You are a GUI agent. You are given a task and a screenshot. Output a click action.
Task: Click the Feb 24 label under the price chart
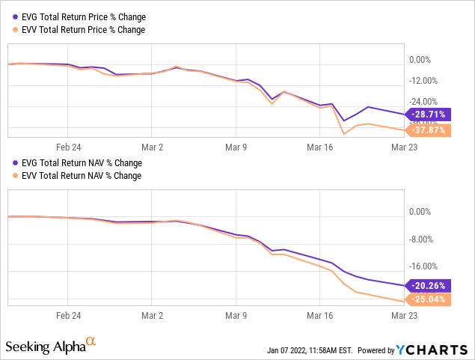click(x=68, y=148)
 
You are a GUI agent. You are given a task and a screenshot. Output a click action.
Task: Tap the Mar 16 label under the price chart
click(x=319, y=148)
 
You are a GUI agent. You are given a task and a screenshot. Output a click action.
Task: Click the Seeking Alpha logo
click(x=45, y=347)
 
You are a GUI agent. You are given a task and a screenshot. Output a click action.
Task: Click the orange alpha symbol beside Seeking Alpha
click(x=91, y=342)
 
